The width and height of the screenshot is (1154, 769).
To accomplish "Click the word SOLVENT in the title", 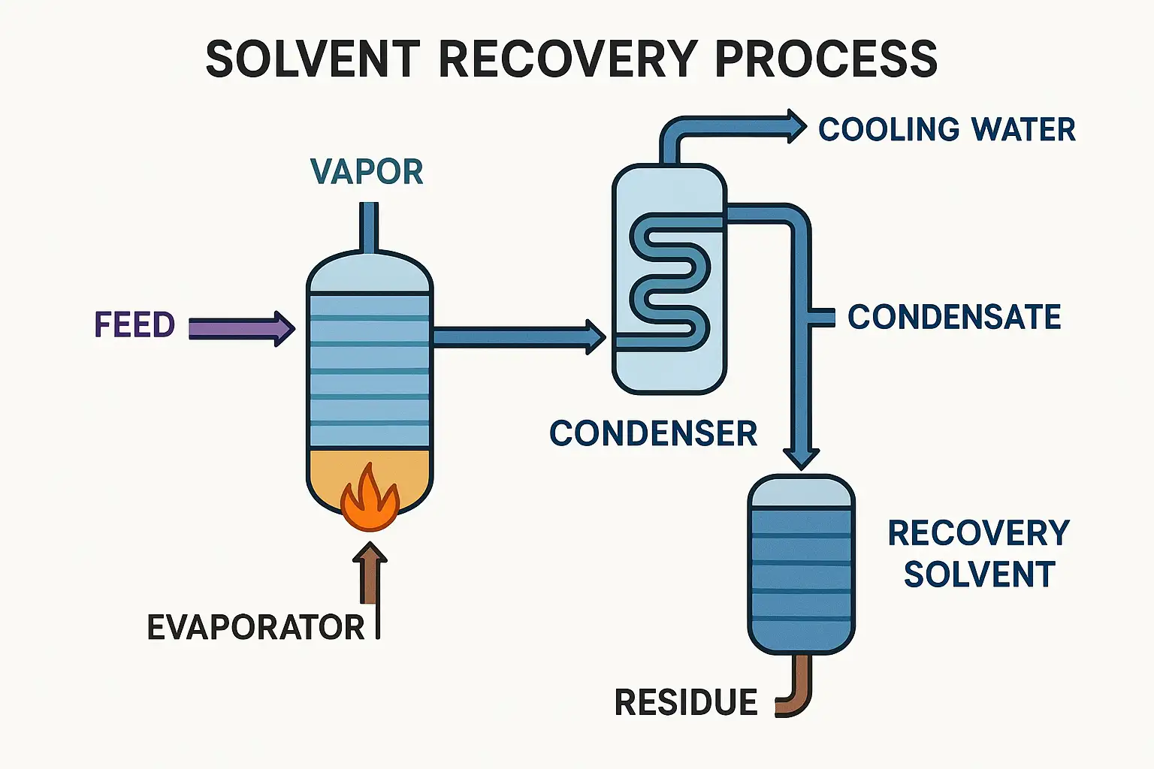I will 312,59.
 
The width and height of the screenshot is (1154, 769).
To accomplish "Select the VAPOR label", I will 367,172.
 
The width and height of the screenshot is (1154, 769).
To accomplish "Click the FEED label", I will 134,325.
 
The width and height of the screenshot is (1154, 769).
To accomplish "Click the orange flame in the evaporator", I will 369,499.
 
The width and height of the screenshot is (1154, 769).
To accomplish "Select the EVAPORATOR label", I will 255,628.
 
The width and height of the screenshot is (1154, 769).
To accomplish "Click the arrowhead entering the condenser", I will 596,336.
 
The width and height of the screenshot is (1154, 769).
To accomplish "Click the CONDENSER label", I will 653,434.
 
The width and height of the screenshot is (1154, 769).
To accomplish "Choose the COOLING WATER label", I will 947,129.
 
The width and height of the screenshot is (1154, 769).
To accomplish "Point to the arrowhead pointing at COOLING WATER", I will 796,125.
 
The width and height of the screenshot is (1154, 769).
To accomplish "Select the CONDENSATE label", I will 954,317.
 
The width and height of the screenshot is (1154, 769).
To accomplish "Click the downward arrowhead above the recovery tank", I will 801,457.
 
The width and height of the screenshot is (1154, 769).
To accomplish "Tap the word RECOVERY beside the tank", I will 978,533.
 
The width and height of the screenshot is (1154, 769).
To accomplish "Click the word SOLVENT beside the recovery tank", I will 979,574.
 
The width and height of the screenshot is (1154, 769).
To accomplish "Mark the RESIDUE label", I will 686,703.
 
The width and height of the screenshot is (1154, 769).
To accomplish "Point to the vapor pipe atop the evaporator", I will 369,227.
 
